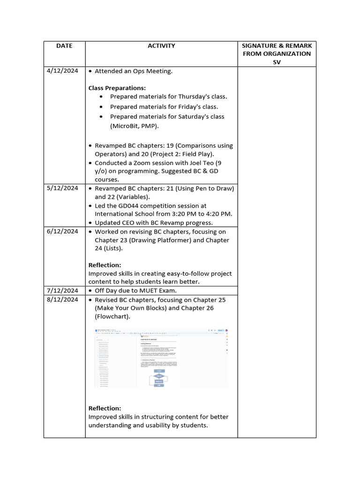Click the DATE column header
tap(64, 46)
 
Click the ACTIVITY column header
tap(161, 46)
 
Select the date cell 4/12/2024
tap(62, 71)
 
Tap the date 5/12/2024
tap(62, 188)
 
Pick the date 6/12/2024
tap(62, 232)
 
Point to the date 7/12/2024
tap(62, 291)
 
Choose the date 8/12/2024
tap(62, 300)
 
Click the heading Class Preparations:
tap(117, 88)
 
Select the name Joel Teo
tap(193, 163)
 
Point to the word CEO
tap(127, 223)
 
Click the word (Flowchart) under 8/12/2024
tap(112, 317)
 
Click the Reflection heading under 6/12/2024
tap(105, 265)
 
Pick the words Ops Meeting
tap(154, 71)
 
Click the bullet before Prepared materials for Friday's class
tap(103, 107)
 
